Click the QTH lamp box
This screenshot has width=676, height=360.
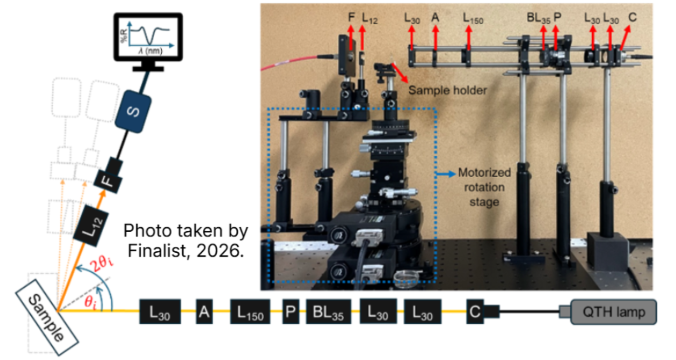(x=613, y=312)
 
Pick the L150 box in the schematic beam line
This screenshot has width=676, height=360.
(x=250, y=312)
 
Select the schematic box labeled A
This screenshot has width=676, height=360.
(x=204, y=312)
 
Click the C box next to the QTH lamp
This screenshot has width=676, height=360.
(x=475, y=312)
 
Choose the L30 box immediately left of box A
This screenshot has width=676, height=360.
(x=159, y=312)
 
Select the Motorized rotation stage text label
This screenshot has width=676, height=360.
(x=484, y=187)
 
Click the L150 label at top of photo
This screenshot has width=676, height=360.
(x=473, y=18)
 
